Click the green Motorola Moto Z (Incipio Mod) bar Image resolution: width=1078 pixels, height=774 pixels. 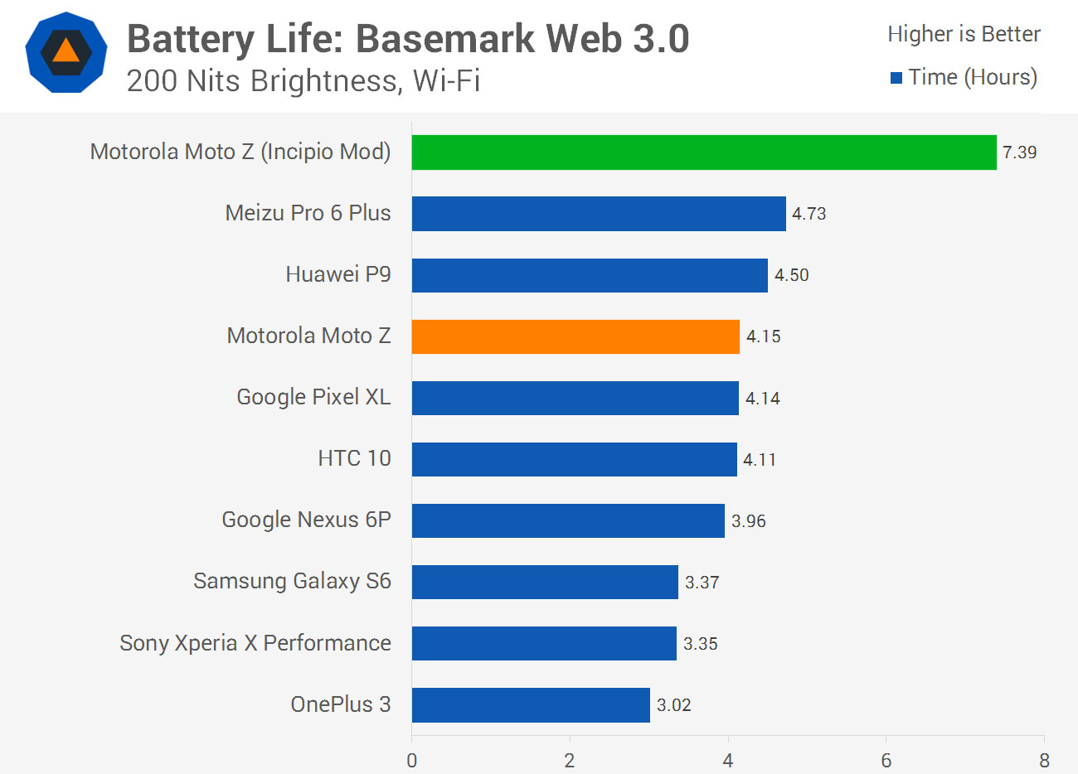[x=704, y=152]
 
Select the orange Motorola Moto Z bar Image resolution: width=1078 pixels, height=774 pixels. [x=575, y=336]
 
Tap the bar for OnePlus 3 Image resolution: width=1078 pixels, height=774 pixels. [x=531, y=705]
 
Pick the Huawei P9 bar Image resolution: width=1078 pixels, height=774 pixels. [x=590, y=275]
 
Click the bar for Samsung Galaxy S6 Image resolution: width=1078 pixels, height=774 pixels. [x=545, y=582]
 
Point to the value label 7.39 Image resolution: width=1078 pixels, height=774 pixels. [x=1019, y=152]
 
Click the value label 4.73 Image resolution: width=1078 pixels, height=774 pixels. [x=808, y=214]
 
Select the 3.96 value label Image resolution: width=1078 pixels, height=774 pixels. [x=748, y=521]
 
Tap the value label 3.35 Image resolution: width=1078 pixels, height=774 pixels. [x=700, y=644]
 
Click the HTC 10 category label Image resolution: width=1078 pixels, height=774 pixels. [x=354, y=458]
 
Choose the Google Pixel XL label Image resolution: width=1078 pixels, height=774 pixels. [x=313, y=397]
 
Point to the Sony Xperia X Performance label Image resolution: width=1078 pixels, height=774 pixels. [x=255, y=643]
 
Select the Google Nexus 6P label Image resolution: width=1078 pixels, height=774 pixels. [x=306, y=520]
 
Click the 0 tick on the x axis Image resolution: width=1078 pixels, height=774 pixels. [x=412, y=760]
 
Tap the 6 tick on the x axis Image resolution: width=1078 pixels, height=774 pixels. [x=886, y=760]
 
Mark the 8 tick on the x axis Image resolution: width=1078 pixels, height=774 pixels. [x=1044, y=760]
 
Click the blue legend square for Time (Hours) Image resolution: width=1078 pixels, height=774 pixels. [x=896, y=78]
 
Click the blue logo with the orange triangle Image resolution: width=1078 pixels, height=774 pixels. [x=66, y=52]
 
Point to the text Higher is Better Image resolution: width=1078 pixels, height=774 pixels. [x=964, y=34]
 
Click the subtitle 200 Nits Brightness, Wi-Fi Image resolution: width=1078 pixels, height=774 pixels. [x=303, y=81]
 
